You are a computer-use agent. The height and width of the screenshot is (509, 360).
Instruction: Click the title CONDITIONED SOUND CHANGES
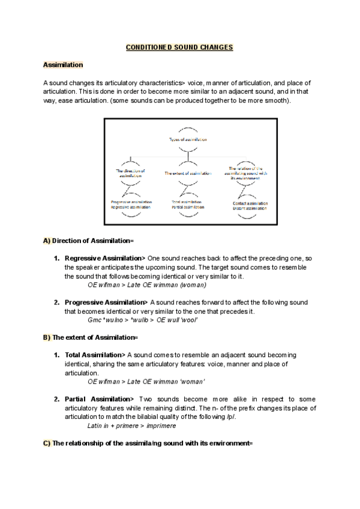[179, 47]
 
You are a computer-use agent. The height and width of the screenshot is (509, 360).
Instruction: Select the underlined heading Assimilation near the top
[63, 64]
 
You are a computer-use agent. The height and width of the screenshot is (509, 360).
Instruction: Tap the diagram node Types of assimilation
[188, 139]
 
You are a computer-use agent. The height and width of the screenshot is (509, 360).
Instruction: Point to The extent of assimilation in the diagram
[188, 173]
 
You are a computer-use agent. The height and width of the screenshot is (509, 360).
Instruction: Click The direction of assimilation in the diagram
[131, 173]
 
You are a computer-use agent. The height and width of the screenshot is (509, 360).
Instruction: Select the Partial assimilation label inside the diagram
[188, 207]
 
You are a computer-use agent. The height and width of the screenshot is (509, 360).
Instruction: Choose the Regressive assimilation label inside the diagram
[131, 207]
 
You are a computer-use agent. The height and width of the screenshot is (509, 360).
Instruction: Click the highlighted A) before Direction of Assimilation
[47, 241]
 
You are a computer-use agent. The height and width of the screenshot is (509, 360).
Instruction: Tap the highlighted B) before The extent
[47, 338]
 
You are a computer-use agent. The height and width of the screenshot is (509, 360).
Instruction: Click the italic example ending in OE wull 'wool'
[143, 321]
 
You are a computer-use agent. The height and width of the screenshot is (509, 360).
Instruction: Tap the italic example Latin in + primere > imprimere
[132, 426]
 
